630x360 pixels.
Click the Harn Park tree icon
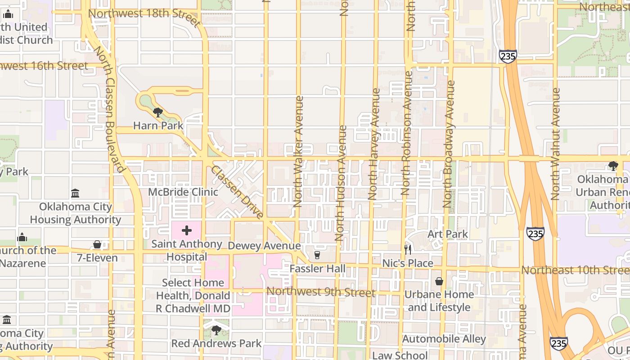pyautogui.click(x=157, y=112)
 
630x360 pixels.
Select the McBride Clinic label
pyautogui.click(x=184, y=192)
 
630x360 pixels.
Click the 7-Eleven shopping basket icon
pyautogui.click(x=97, y=245)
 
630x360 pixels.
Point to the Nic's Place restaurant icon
pyautogui.click(x=408, y=250)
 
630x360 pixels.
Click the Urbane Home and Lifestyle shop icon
pyautogui.click(x=439, y=282)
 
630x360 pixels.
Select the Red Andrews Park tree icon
pyautogui.click(x=216, y=330)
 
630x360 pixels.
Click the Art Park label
pyautogui.click(x=447, y=234)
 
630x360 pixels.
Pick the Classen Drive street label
pyautogui.click(x=237, y=193)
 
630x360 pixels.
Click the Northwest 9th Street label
pyautogui.click(x=321, y=292)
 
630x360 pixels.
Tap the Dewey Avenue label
pyautogui.click(x=264, y=246)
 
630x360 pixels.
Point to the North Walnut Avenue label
pyautogui.click(x=555, y=144)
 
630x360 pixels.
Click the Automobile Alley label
pyautogui.click(x=444, y=339)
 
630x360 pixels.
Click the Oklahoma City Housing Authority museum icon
pyautogui.click(x=76, y=193)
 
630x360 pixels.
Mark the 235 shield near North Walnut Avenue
pyautogui.click(x=535, y=234)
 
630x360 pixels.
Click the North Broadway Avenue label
pyautogui.click(x=449, y=144)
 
